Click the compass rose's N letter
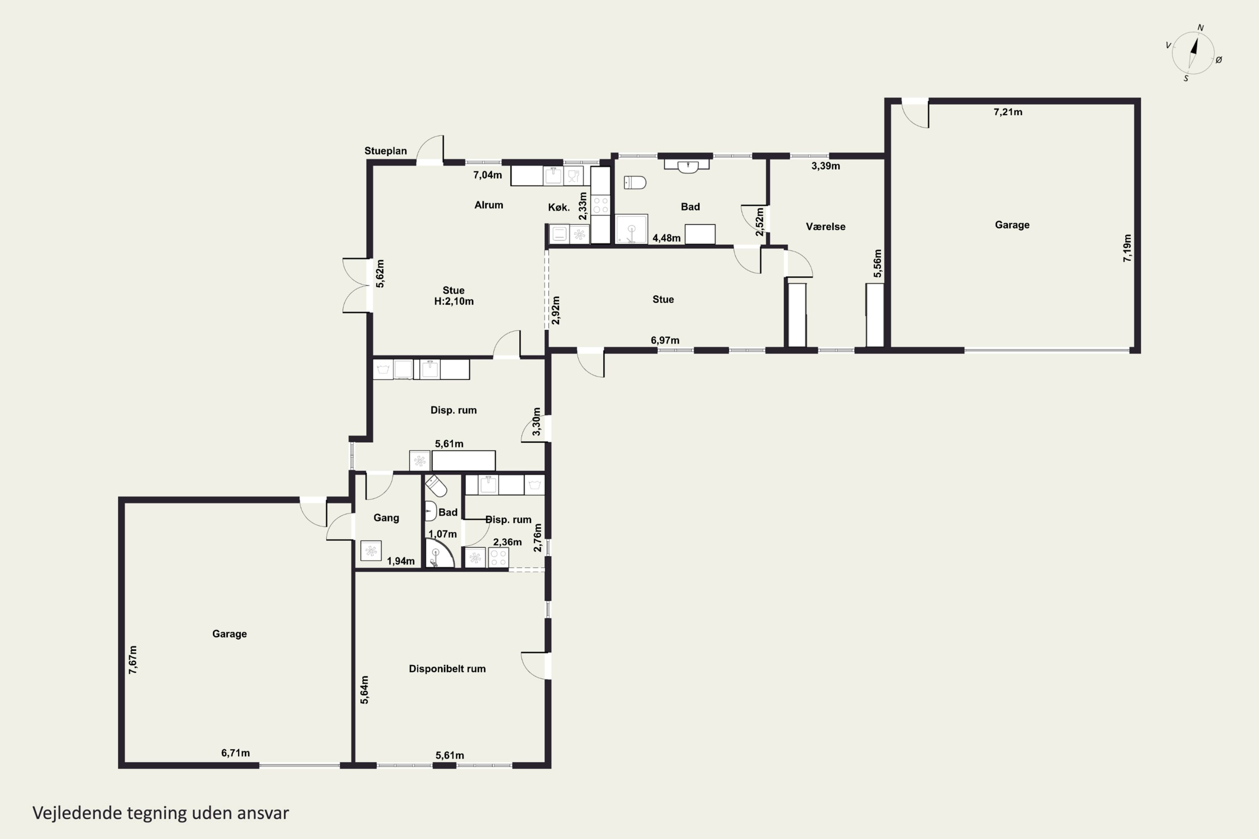click(1200, 28)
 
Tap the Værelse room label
click(825, 227)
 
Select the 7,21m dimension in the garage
click(1008, 112)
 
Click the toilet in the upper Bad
click(635, 182)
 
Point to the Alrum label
click(489, 205)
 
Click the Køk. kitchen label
click(559, 207)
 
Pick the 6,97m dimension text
click(665, 340)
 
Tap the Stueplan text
click(385, 151)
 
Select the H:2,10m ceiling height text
click(454, 301)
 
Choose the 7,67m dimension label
click(133, 660)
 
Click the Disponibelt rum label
click(447, 669)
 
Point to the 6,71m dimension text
click(235, 753)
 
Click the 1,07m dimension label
click(443, 534)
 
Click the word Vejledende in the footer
click(77, 813)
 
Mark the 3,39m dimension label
click(825, 166)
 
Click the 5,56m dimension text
click(878, 264)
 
